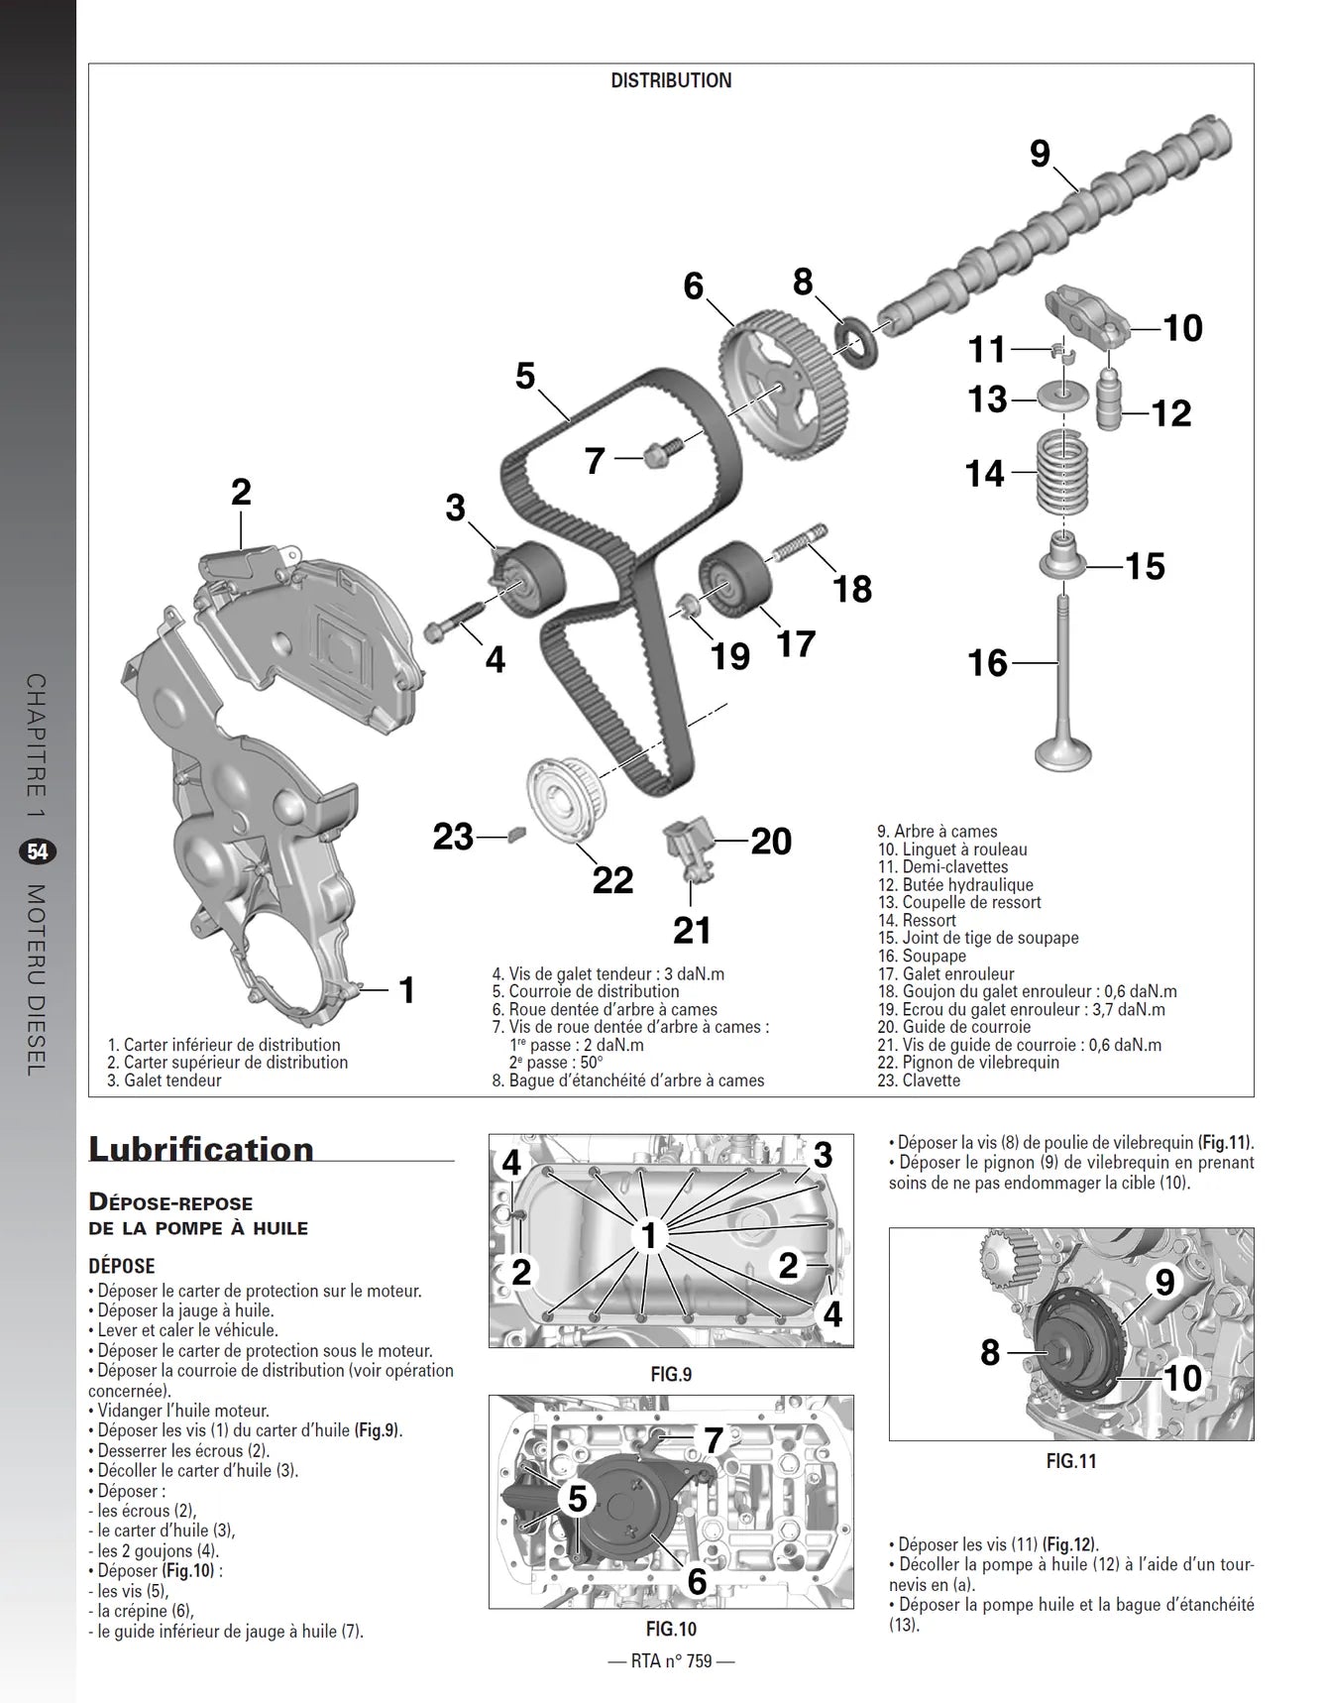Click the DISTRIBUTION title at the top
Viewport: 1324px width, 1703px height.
(x=671, y=81)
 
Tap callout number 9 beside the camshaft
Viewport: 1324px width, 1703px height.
(x=1040, y=154)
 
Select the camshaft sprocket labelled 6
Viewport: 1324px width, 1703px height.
(x=782, y=381)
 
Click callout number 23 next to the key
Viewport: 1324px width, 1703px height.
(x=453, y=837)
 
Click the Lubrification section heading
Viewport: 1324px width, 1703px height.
(x=201, y=1148)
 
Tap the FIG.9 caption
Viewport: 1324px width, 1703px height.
(x=671, y=1374)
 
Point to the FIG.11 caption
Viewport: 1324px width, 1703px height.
(x=1071, y=1460)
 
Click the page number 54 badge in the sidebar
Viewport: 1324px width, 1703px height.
(x=38, y=851)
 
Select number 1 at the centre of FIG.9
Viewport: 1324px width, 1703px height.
(x=649, y=1235)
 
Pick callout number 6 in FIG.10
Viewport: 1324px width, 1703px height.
(x=697, y=1580)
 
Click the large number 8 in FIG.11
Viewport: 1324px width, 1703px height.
(x=990, y=1352)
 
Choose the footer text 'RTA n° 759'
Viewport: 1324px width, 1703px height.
(x=671, y=1661)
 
